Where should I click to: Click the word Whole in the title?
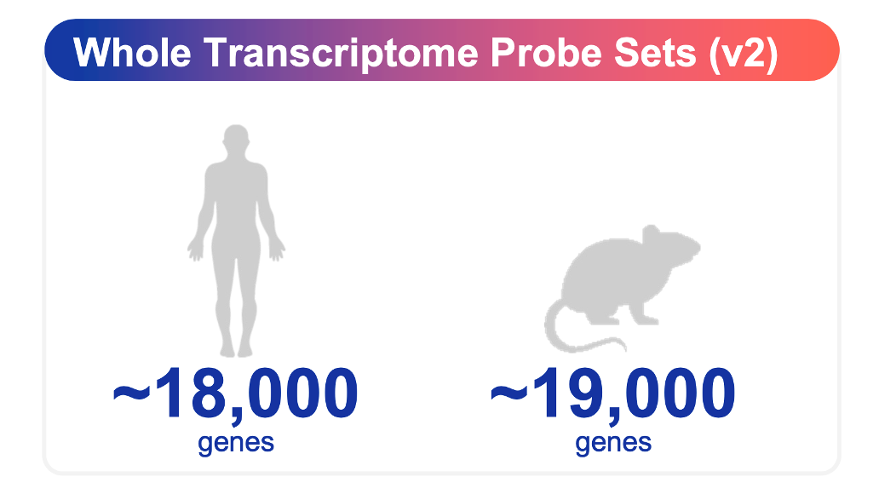point(132,53)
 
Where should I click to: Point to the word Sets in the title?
point(655,54)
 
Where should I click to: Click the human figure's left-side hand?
point(196,250)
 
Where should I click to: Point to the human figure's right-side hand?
point(277,250)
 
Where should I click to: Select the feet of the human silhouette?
point(236,348)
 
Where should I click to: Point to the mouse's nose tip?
point(698,247)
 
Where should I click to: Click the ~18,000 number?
point(235,393)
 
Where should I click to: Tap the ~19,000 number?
point(612,393)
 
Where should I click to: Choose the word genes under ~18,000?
point(236,444)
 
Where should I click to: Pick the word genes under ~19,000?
point(613,444)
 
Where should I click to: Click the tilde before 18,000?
point(132,393)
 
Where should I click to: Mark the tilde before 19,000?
point(509,393)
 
